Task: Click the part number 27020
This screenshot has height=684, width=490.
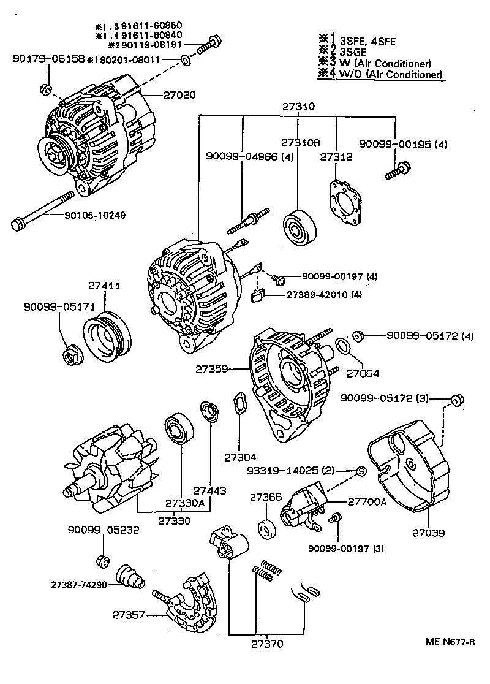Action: (x=179, y=95)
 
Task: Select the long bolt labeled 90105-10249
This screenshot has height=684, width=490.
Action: (x=43, y=210)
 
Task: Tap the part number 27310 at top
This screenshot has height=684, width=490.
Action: (x=298, y=106)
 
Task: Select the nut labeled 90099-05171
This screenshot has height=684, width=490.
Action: (x=72, y=355)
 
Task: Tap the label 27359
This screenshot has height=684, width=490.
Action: (x=212, y=370)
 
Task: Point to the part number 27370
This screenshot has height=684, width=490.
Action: (x=267, y=644)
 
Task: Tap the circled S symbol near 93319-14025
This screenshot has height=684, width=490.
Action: (x=361, y=471)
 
